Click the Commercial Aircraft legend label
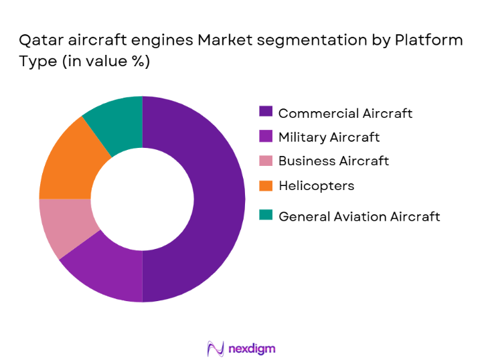click(x=345, y=113)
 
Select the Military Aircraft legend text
click(x=329, y=137)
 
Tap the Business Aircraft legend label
click(x=333, y=161)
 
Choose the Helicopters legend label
click(x=316, y=185)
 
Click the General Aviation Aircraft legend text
click(x=359, y=216)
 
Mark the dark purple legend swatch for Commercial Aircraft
click(x=266, y=112)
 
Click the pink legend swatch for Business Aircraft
click(x=266, y=161)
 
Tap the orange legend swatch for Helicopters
click(x=266, y=185)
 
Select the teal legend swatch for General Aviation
click(x=266, y=215)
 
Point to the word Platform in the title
click(x=430, y=40)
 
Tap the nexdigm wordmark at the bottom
click(x=251, y=348)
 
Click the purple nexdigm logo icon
click(x=216, y=348)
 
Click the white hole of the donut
click(x=142, y=199)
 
